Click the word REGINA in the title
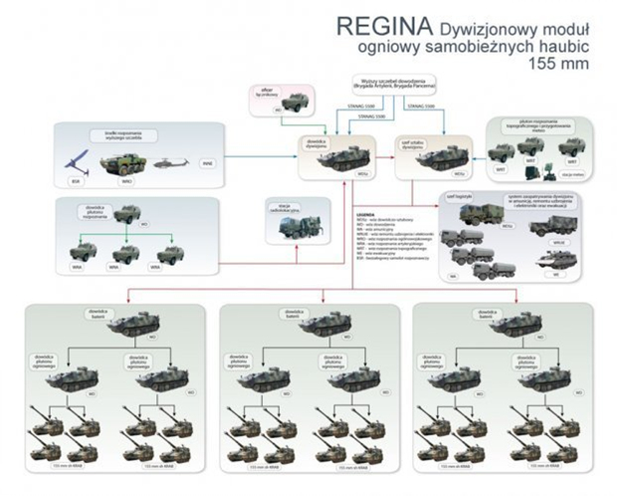click(x=363, y=25)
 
